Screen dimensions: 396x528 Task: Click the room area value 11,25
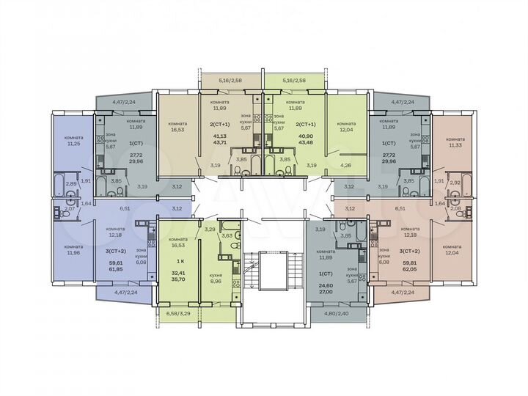73,144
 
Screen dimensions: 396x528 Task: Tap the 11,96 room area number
73,253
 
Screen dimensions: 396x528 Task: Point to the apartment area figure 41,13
219,136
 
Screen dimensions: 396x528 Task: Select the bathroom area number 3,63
227,235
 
